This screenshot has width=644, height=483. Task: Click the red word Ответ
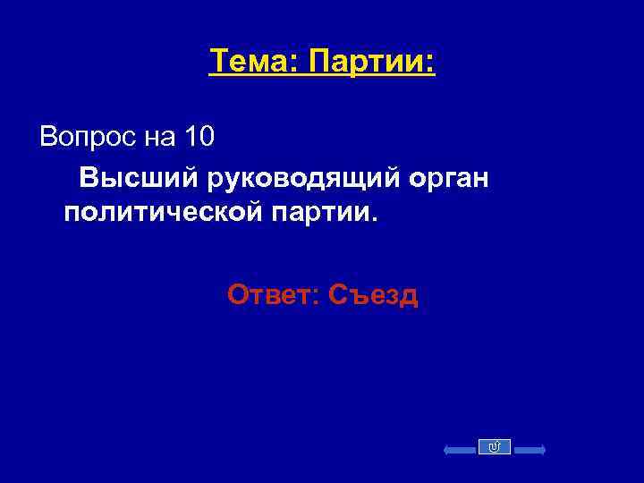[x=270, y=294]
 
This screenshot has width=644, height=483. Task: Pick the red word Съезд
[x=373, y=294]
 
